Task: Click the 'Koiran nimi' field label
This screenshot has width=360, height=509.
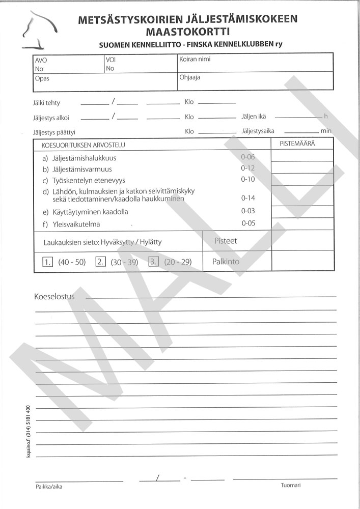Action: point(195,59)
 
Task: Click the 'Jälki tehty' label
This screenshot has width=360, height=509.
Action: point(46,103)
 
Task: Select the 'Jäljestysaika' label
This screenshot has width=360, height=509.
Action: point(258,131)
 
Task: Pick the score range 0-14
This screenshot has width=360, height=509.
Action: point(248,198)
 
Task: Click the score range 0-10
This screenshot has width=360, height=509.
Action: point(248,180)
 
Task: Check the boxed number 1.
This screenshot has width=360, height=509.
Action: point(48,263)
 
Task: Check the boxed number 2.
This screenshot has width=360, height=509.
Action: point(100,263)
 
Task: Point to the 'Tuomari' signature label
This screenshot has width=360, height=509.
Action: point(291,486)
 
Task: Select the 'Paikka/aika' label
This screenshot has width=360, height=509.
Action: point(49,487)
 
